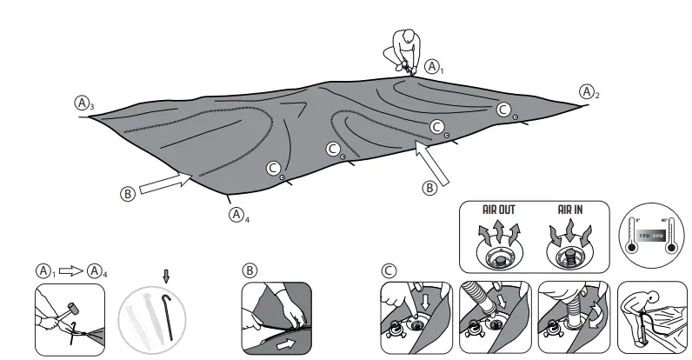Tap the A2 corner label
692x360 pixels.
(589, 90)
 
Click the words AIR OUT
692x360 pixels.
(500, 210)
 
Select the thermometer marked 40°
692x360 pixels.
(669, 235)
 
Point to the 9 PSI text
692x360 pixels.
(658, 236)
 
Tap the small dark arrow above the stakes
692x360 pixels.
(167, 277)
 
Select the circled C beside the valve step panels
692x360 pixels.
(389, 270)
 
